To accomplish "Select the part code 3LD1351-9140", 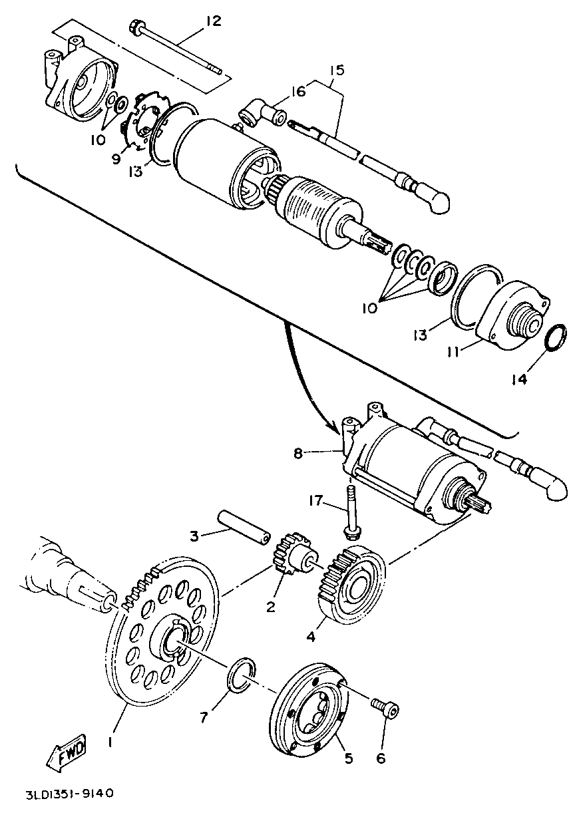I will pyautogui.click(x=70, y=794).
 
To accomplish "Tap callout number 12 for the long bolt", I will pyautogui.click(x=212, y=22).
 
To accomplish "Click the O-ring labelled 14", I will pyautogui.click(x=557, y=337).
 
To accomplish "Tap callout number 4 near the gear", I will pyautogui.click(x=310, y=637).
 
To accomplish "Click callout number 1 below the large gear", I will pyautogui.click(x=112, y=740).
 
